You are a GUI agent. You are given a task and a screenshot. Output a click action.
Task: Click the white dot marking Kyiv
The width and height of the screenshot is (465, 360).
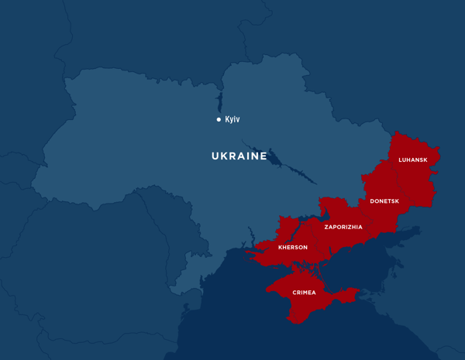click(x=219, y=119)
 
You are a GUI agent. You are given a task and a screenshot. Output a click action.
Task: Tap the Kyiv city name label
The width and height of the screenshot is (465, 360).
click(x=232, y=119)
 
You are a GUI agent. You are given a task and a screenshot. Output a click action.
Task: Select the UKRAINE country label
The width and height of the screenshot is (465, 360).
click(x=239, y=156)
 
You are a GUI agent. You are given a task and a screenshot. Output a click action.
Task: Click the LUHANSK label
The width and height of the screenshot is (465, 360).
click(x=412, y=160)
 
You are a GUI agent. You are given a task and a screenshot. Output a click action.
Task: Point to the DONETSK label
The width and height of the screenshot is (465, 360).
click(x=384, y=201)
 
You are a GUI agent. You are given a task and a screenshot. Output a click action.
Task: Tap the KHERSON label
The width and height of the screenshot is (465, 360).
click(x=293, y=248)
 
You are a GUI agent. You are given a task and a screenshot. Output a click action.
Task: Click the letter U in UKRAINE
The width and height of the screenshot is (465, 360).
click(x=215, y=156)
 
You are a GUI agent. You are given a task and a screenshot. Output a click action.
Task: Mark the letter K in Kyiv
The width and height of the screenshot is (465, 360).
click(x=227, y=119)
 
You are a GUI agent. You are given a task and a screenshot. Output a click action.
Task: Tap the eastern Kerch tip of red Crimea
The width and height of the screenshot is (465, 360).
click(x=356, y=292)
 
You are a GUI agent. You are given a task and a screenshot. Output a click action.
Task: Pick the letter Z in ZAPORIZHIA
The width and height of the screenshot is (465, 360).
click(x=326, y=227)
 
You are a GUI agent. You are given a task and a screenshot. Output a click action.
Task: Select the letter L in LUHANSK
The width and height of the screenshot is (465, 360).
click(x=400, y=160)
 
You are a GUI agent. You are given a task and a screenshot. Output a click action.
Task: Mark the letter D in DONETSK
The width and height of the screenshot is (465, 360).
click(x=372, y=201)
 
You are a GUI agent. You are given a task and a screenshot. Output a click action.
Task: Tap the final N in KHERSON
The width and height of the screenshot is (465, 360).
click(x=305, y=248)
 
